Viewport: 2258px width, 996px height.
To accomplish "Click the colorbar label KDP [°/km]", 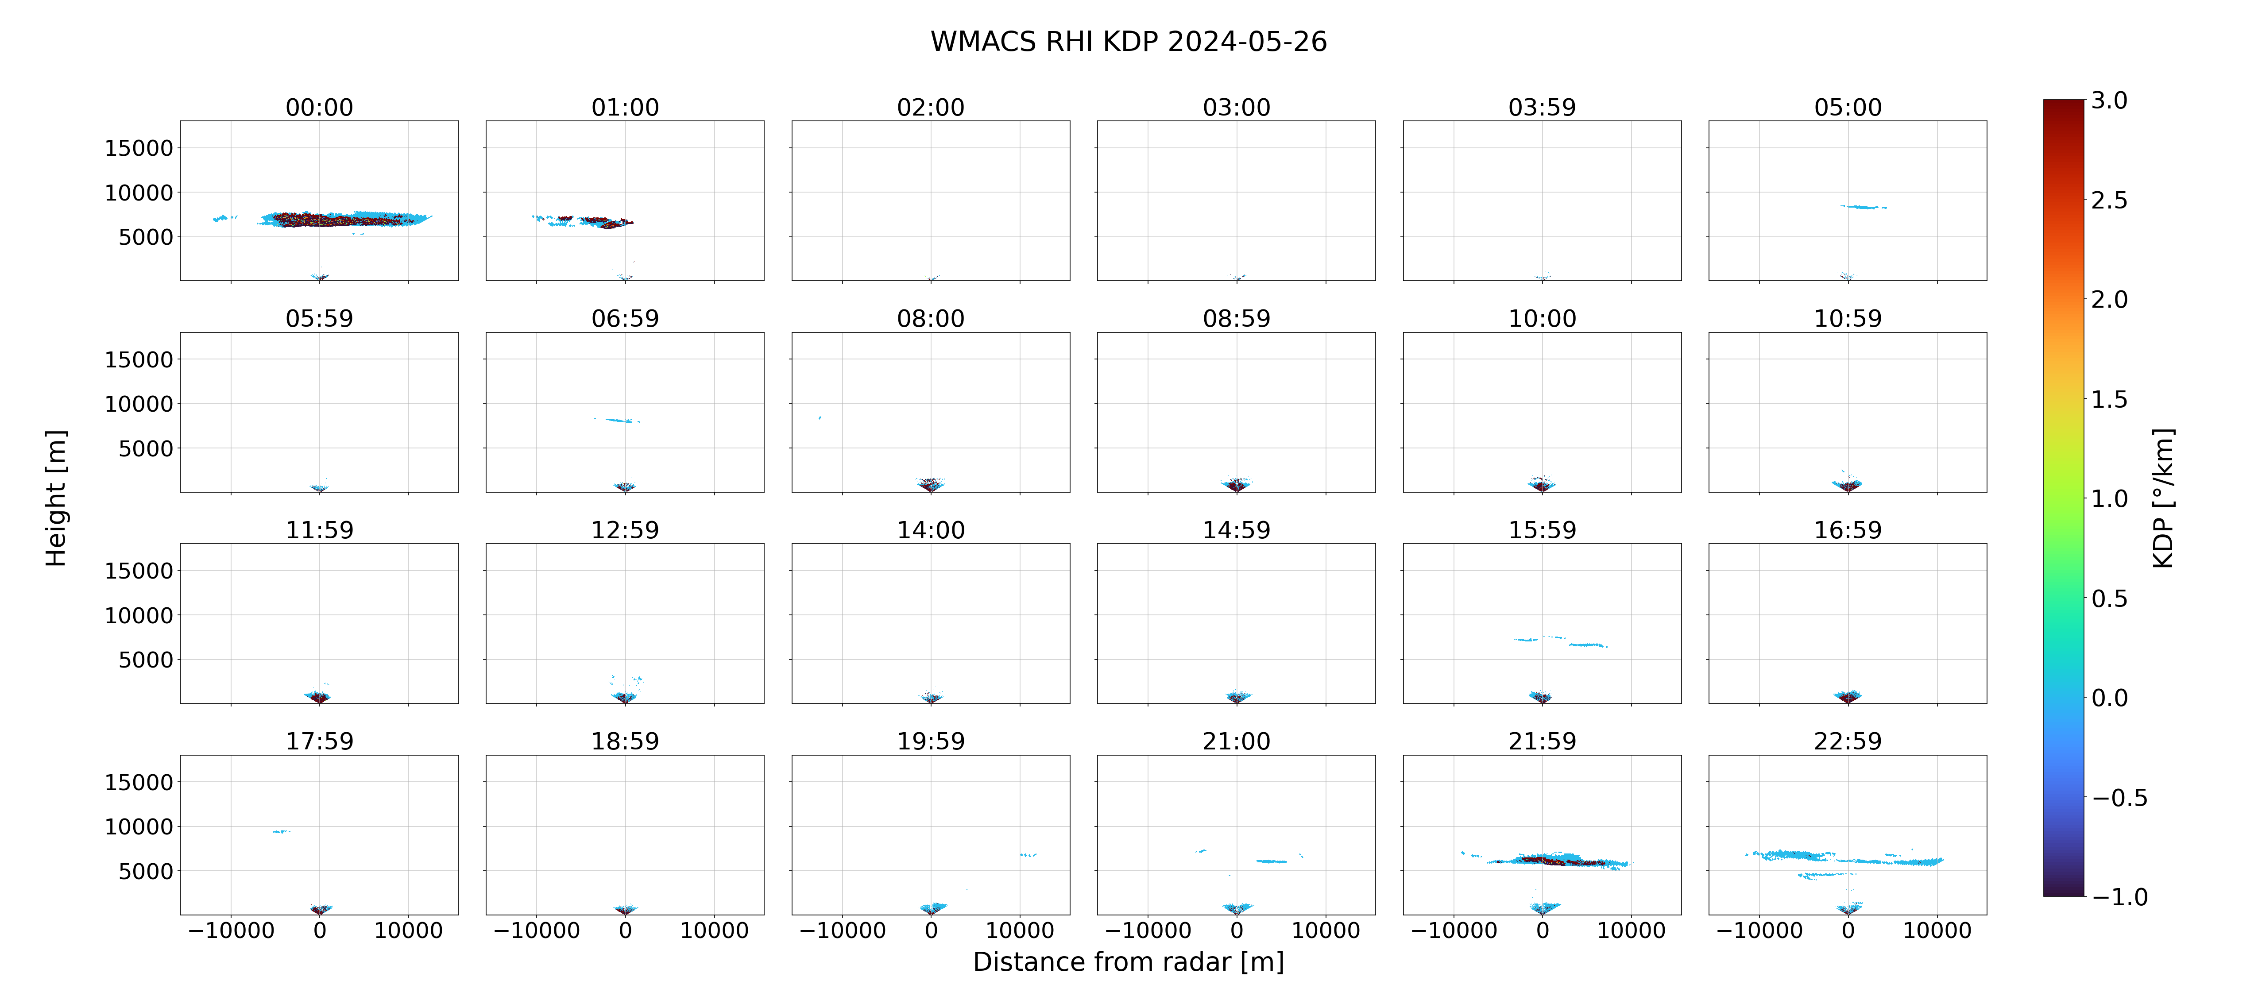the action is click(2163, 498).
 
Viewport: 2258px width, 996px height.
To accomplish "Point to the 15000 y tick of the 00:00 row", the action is click(139, 148).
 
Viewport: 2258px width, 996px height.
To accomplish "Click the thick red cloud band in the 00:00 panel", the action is click(342, 219).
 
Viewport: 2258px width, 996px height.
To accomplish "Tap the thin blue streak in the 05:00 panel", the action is click(1864, 207).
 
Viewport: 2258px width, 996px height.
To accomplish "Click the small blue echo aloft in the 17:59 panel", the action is click(281, 831).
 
